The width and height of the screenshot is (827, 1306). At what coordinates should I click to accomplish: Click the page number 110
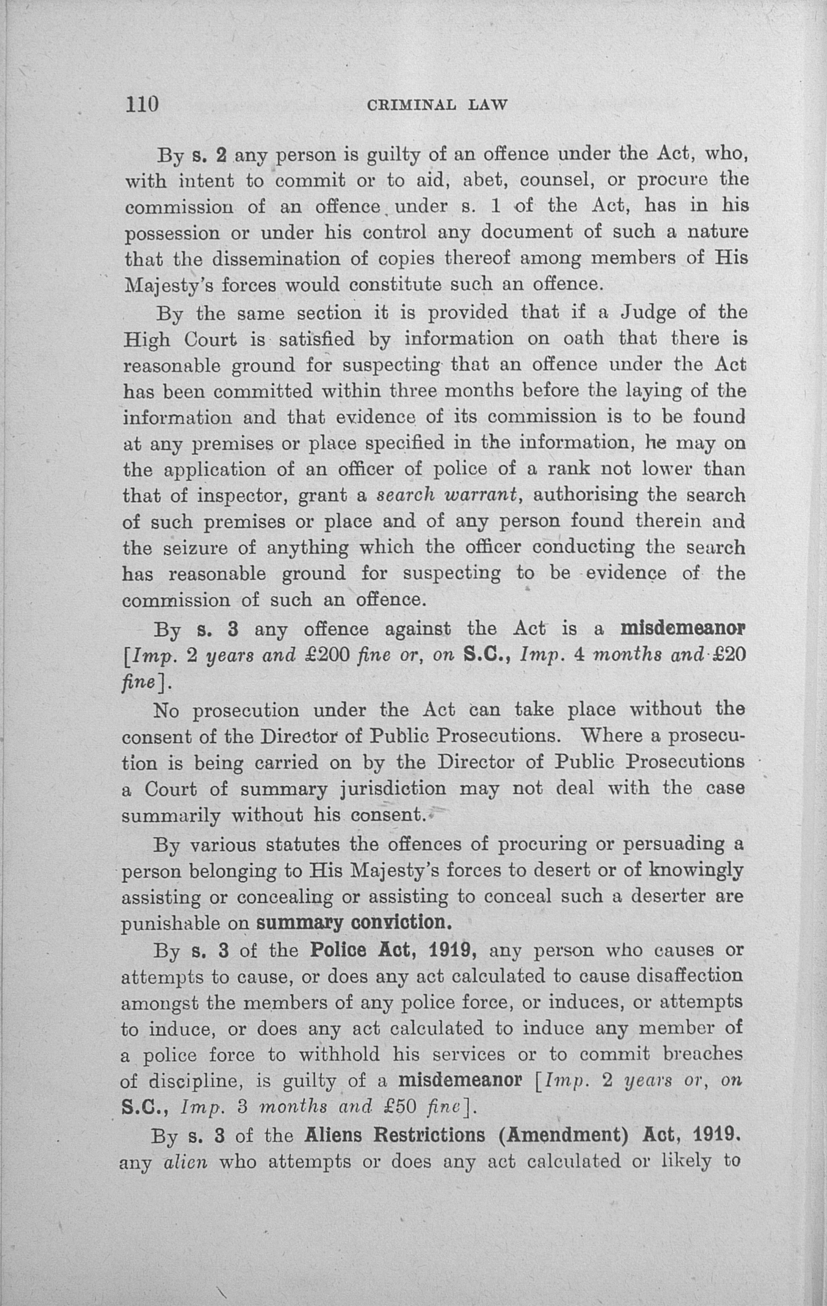click(142, 103)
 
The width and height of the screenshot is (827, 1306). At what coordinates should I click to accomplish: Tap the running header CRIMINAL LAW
click(437, 105)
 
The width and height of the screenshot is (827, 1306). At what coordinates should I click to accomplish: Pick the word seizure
click(196, 548)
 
